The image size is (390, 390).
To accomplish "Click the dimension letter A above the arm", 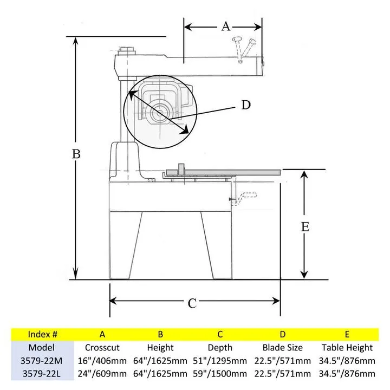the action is (226, 27).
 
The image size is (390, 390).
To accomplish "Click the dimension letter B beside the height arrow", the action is (76, 154).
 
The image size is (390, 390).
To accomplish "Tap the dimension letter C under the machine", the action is (192, 304).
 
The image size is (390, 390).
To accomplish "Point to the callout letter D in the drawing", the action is (246, 105).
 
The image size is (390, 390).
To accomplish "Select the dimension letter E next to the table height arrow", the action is (305, 227).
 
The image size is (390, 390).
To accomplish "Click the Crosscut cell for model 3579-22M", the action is (102, 361).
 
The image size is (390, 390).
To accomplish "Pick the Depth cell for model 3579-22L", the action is (220, 374).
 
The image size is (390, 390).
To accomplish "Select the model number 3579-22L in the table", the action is (42, 374).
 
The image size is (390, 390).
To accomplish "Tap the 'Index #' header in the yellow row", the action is (43, 334).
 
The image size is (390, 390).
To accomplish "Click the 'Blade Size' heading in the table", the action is (283, 347).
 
